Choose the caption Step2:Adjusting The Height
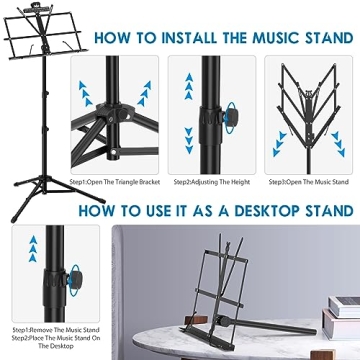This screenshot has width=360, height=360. pos(210,183)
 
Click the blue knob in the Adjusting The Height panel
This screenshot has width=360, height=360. pos(232,116)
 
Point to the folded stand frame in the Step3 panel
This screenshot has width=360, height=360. pos(305,110)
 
